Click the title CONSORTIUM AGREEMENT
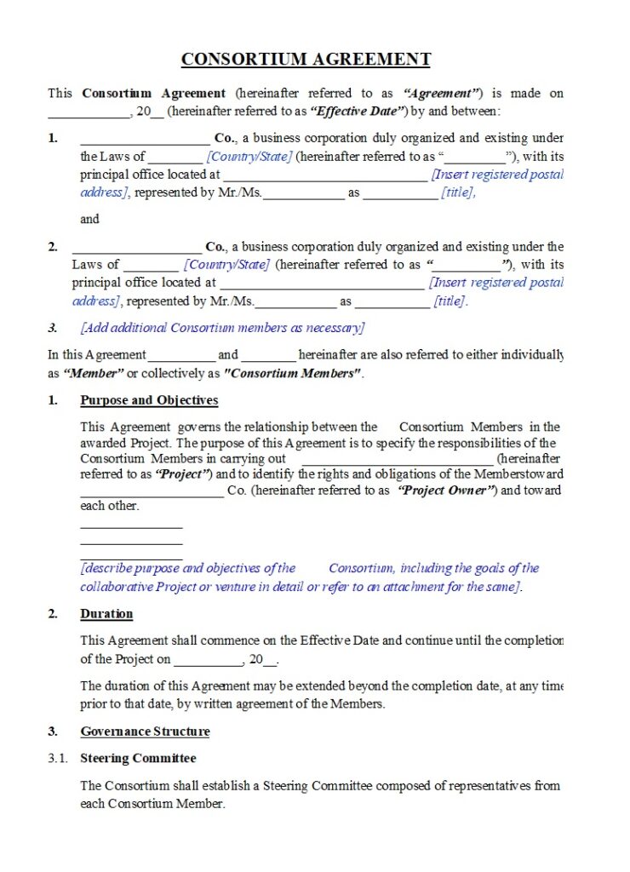[306, 60]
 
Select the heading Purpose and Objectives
[149, 400]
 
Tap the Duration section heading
[106, 614]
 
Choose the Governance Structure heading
[145, 731]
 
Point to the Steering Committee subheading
[138, 758]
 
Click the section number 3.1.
[57, 758]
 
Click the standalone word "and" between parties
[89, 219]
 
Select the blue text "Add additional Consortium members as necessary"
[222, 328]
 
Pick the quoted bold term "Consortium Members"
[291, 373]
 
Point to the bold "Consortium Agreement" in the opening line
[153, 94]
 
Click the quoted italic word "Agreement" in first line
[443, 94]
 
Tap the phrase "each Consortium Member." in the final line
[152, 804]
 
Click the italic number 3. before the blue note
[53, 328]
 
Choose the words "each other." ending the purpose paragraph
[109, 506]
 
